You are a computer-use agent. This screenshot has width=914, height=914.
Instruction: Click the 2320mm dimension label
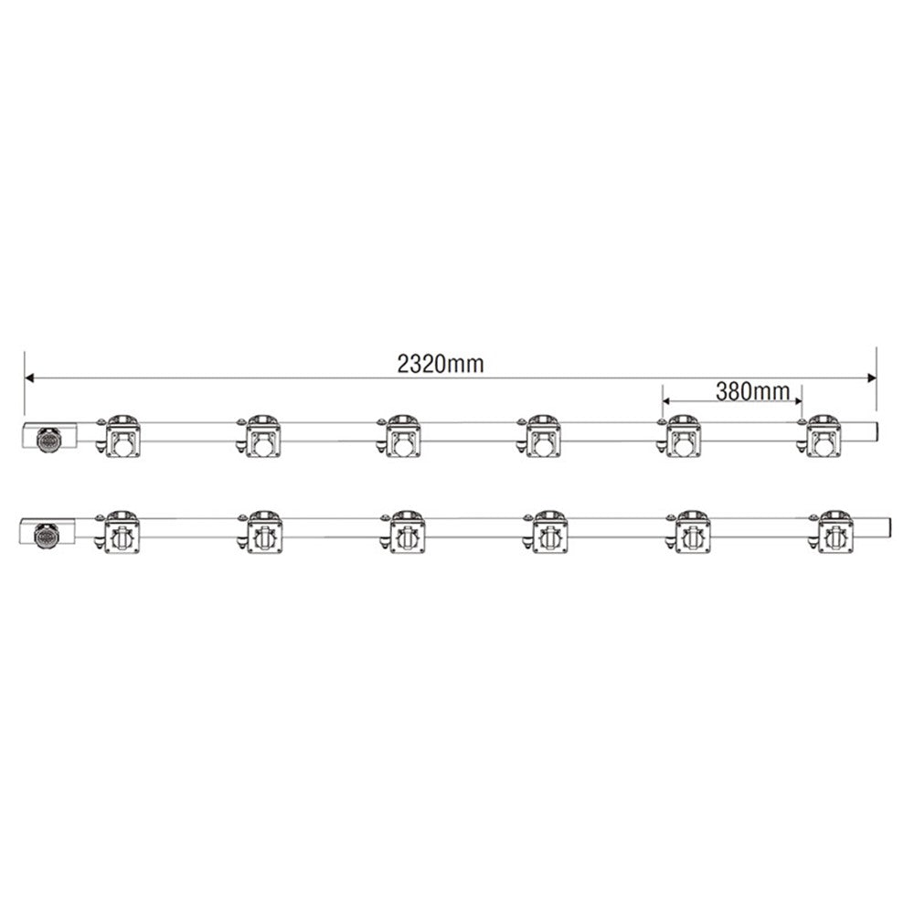coord(441,364)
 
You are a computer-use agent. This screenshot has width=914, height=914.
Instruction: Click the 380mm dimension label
coord(752,391)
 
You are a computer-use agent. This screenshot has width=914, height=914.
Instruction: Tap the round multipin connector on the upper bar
coord(48,439)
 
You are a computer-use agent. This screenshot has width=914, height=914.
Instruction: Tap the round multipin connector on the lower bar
coord(46,535)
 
